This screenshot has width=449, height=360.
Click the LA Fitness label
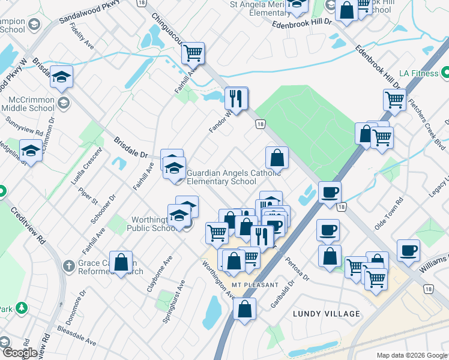point(416,73)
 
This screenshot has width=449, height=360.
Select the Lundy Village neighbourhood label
point(327,314)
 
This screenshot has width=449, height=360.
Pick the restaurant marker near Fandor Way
point(237,98)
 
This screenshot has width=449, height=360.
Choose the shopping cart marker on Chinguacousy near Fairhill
point(193,53)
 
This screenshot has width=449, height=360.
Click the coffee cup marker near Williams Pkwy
point(408,250)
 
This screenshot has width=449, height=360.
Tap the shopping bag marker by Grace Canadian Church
point(121,262)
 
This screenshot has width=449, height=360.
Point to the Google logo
point(19,353)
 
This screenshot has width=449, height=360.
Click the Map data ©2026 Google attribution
point(412,355)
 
